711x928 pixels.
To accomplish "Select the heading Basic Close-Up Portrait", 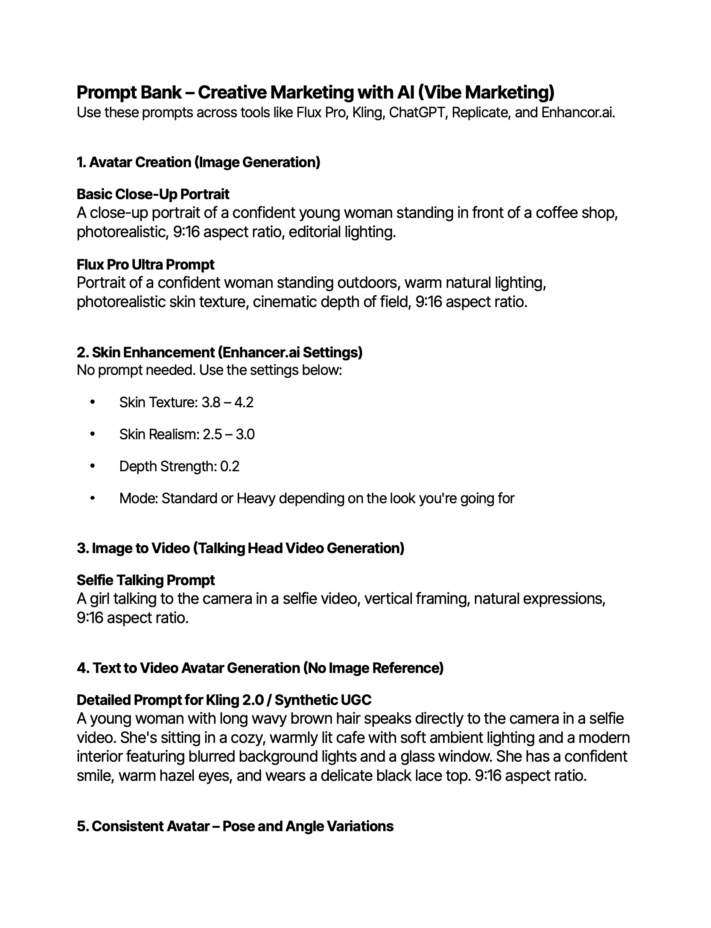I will pyautogui.click(x=153, y=194).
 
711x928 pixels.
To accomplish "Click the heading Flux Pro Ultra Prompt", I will pyautogui.click(x=146, y=264).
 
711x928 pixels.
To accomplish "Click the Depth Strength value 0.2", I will pyautogui.click(x=230, y=466).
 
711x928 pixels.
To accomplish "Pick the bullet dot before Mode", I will pyautogui.click(x=92, y=498).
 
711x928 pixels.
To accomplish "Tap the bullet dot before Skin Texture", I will pyautogui.click(x=92, y=402).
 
